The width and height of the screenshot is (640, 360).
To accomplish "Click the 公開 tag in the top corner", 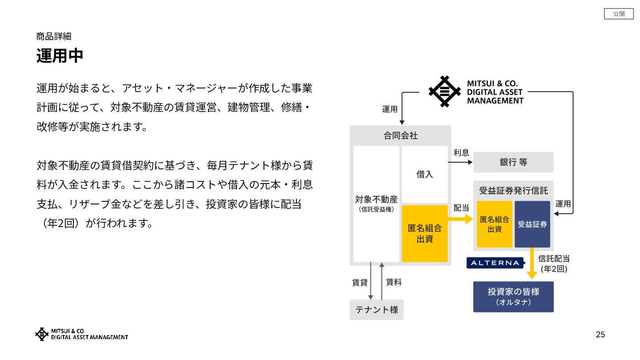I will (619, 14).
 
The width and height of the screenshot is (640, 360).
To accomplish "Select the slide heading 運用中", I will (60, 56).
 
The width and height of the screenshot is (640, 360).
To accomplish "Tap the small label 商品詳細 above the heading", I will (54, 36).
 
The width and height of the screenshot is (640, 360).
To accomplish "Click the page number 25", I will (600, 335).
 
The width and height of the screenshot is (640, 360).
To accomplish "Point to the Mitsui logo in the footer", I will (81, 334).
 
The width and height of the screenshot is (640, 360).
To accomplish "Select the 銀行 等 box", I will (513, 162).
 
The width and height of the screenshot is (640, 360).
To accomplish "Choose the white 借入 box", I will (424, 174).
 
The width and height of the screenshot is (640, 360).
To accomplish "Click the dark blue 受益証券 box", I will (532, 224).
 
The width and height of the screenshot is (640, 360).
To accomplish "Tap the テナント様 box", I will (376, 309).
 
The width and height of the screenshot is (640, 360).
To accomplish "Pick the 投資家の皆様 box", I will (513, 296).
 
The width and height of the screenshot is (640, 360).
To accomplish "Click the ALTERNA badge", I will (495, 263).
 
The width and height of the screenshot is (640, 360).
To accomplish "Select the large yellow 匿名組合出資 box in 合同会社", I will (424, 233).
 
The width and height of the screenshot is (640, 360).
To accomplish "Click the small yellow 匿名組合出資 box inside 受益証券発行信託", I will (494, 224).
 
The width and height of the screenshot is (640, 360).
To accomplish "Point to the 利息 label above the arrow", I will (461, 153).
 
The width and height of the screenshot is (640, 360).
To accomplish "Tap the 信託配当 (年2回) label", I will (554, 264).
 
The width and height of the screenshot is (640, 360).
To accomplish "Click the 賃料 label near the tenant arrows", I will (394, 282).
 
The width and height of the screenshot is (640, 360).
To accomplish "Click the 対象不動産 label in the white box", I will (376, 200).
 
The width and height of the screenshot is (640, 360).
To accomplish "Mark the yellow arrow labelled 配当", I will (460, 219).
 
